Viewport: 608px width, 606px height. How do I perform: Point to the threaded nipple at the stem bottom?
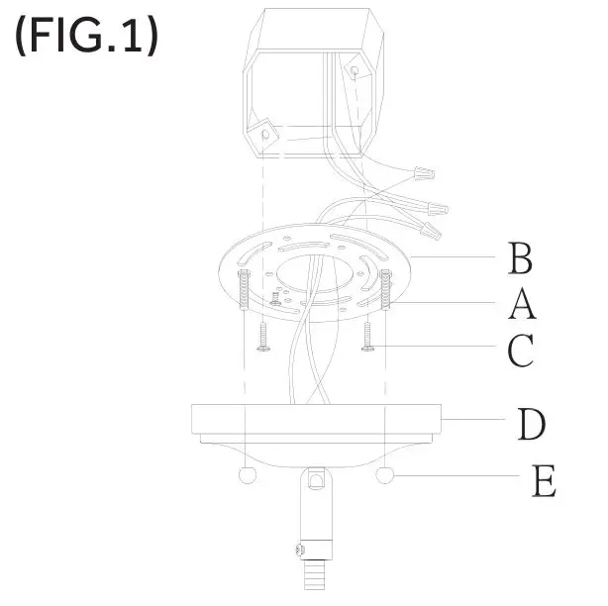click(x=316, y=575)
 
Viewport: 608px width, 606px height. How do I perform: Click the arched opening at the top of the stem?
click(x=315, y=480)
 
